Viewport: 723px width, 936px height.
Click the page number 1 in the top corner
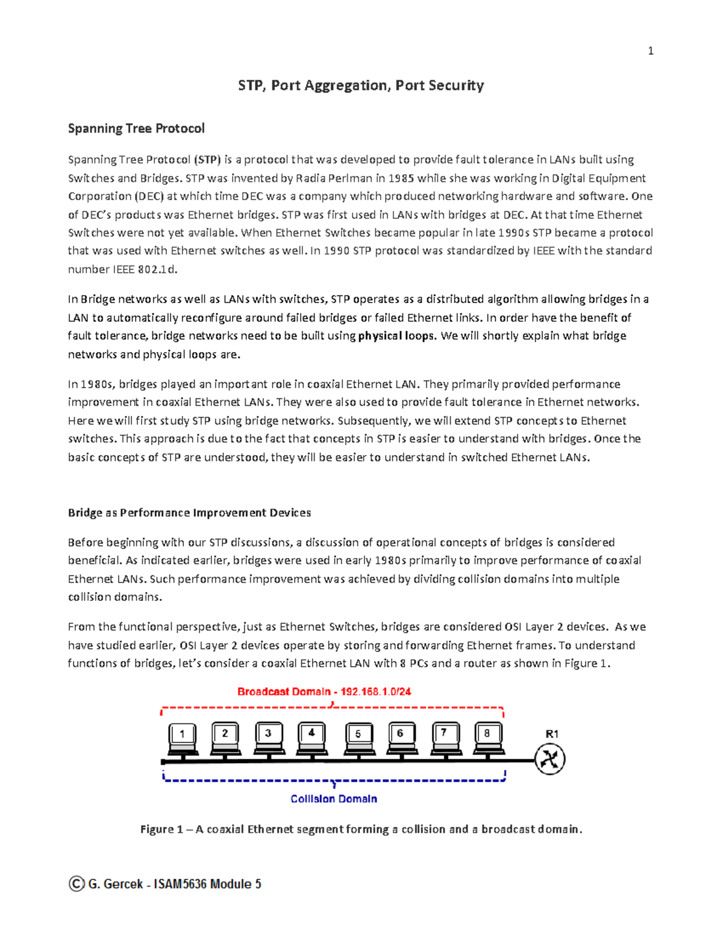[650, 51]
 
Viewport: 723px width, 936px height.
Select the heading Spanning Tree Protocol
[136, 128]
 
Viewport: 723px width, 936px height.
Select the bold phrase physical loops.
[396, 336]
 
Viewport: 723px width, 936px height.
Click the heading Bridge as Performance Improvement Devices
[189, 513]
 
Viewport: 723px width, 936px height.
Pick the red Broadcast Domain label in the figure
[324, 692]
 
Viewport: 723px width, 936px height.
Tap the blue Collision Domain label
[334, 799]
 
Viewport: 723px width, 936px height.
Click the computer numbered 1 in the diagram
[183, 739]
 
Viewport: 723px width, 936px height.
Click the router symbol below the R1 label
[549, 759]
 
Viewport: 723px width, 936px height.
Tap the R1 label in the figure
[552, 734]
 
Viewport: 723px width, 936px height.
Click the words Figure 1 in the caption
[161, 829]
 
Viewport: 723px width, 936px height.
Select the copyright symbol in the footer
[76, 884]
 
